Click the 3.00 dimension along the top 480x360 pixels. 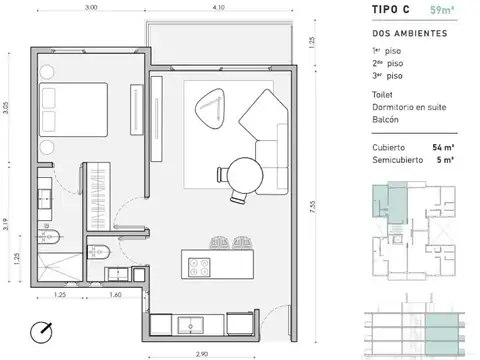tap(91, 9)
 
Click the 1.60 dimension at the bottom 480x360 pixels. tap(116, 296)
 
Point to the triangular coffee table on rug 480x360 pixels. tap(211, 111)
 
